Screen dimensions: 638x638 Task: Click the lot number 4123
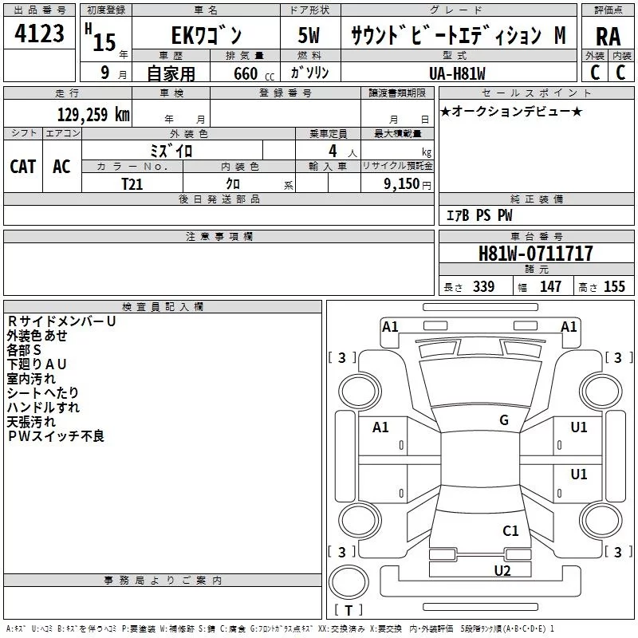[39, 33]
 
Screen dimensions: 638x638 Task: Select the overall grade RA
[608, 37]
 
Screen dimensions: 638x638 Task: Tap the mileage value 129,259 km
[93, 115]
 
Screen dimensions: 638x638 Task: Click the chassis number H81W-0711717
[535, 253]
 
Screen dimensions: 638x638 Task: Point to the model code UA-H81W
[457, 73]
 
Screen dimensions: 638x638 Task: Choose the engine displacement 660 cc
[254, 74]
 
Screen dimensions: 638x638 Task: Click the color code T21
[132, 184]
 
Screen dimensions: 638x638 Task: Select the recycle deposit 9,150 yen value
[408, 184]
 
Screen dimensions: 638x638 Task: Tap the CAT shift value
[23, 166]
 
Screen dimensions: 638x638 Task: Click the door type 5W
[309, 35]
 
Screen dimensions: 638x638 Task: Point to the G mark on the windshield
[504, 419]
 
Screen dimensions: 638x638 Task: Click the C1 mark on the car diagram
[510, 530]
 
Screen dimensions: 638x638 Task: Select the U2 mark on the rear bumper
[502, 570]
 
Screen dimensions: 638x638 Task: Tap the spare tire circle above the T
[349, 582]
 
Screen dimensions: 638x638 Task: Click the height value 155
[614, 286]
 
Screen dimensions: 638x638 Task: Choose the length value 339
[484, 286]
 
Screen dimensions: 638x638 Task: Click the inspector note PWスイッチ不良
[56, 436]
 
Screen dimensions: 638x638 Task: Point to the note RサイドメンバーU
[62, 321]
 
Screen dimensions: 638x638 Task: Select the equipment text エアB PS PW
[479, 215]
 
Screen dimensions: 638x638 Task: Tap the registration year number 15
[104, 42]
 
